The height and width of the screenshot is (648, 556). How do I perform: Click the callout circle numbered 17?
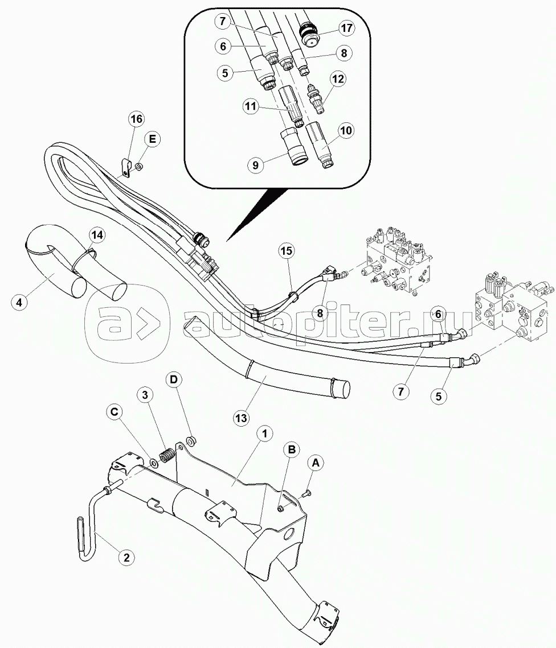pos(346,28)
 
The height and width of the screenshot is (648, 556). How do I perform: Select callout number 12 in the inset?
pos(338,79)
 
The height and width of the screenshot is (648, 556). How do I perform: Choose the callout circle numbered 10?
pos(346,131)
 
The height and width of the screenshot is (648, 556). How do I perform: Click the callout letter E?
pos(152,139)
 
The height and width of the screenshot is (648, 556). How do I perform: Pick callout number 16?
pos(136,119)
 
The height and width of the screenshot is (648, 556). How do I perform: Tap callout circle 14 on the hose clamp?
pos(97,235)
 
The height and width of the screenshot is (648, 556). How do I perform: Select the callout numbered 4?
pos(19,302)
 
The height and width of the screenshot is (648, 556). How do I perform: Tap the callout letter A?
pos(316,464)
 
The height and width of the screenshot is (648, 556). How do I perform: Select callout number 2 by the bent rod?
pos(126,557)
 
